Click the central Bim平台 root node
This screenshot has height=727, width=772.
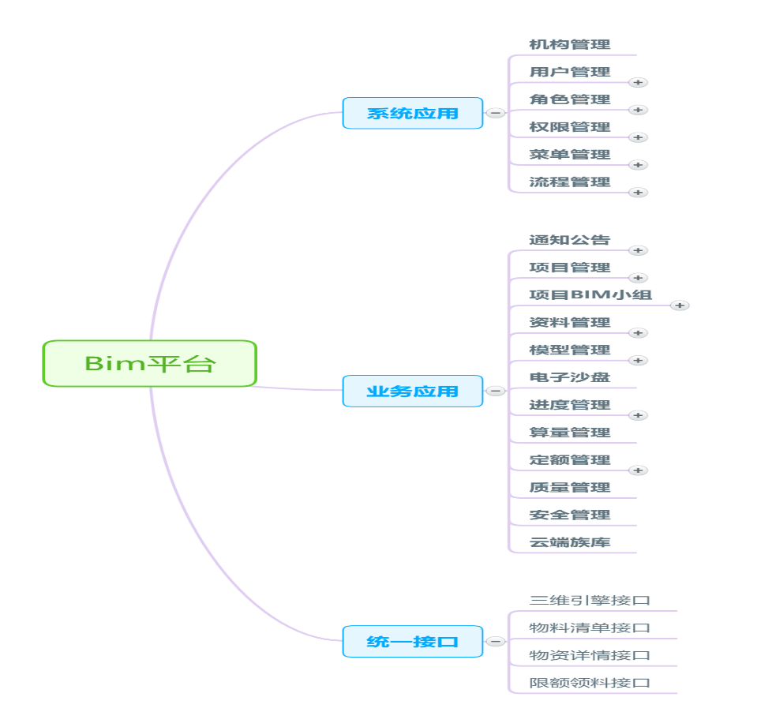149,363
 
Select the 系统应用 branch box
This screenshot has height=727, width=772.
412,113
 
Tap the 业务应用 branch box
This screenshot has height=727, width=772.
412,391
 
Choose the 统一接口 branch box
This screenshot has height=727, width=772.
412,641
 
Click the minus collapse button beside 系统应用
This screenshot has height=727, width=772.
495,113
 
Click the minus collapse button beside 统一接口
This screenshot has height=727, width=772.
495,642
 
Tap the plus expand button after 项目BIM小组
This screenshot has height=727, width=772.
680,305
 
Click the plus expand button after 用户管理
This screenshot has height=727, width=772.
638,82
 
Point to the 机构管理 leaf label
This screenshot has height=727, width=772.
569,45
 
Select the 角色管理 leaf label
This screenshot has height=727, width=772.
569,99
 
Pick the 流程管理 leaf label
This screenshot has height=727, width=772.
569,182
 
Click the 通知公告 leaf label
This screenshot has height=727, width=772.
569,240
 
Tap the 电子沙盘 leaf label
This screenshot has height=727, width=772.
569,377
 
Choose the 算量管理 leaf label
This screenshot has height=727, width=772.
569,433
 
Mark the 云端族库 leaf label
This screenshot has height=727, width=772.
569,542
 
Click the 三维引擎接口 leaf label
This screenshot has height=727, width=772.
590,601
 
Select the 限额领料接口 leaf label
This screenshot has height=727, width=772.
590,683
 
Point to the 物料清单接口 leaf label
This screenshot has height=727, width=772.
590,628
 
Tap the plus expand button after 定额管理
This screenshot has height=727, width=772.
638,470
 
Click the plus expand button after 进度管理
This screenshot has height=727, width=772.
638,415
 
